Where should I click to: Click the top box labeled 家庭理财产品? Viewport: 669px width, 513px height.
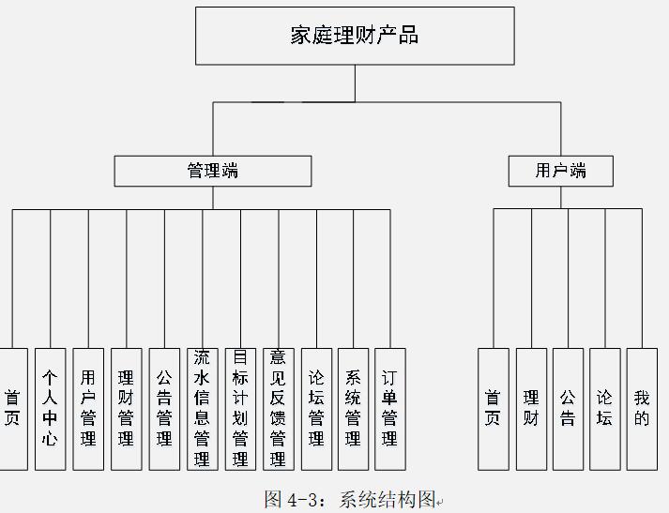tap(355, 36)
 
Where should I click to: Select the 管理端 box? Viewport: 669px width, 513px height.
tap(213, 171)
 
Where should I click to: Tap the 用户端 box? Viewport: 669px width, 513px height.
tap(561, 171)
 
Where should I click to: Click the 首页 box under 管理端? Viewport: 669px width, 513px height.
tap(12, 409)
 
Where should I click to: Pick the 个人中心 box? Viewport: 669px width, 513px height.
tap(51, 409)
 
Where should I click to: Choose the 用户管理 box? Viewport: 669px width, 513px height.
tap(88, 409)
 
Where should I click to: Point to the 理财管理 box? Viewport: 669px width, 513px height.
tap(127, 409)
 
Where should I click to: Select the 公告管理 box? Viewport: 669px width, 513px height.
tap(164, 409)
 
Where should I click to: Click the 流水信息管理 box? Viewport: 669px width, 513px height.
tap(202, 409)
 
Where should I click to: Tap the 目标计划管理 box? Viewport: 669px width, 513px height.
tap(240, 409)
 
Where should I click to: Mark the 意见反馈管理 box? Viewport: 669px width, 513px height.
tap(278, 409)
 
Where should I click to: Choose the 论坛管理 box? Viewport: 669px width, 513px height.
tap(316, 409)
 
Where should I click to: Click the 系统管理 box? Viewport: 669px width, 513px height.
tap(353, 409)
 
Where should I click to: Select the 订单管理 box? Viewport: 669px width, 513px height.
tap(390, 409)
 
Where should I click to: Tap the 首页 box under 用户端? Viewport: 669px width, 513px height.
tap(494, 409)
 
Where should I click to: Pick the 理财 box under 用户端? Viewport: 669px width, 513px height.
tap(531, 409)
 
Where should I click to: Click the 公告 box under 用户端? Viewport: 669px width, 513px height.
tap(568, 409)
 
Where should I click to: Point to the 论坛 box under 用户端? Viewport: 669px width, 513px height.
tap(605, 409)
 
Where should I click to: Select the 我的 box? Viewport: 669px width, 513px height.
tap(642, 409)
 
